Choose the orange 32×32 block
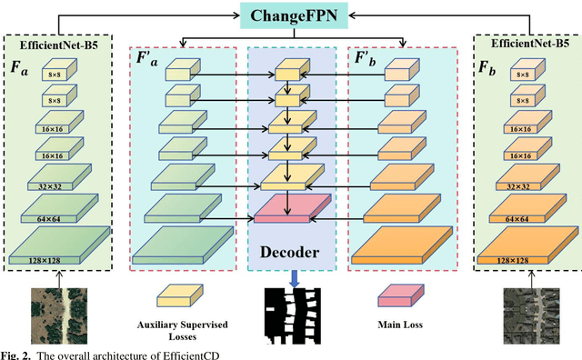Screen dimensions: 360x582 525,178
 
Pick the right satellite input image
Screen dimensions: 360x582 526,313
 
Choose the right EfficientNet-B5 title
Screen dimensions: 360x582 525,43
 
